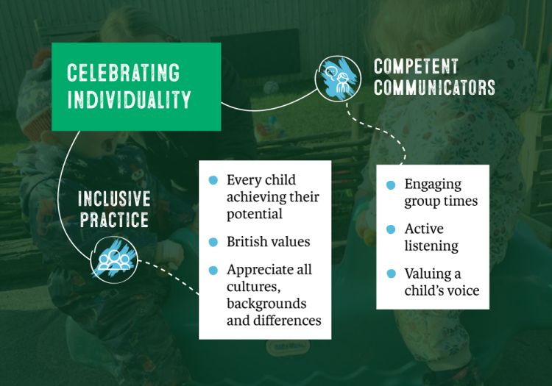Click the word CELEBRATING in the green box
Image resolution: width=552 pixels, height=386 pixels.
(123, 73)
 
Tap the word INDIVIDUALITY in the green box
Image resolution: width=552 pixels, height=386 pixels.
(130, 99)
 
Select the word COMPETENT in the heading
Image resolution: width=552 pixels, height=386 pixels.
(416, 66)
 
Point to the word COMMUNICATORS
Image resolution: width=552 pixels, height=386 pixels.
(434, 87)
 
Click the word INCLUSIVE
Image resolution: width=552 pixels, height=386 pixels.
(114, 199)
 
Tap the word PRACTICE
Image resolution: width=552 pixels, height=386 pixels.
(114, 220)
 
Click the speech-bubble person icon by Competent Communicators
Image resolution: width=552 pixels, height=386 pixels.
(338, 79)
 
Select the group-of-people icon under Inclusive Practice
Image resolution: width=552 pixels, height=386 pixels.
(114, 260)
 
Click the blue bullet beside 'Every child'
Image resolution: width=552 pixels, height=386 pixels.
(213, 180)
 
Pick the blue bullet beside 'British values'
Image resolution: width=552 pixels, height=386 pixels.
(213, 242)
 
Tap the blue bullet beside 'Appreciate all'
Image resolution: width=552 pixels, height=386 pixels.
(213, 271)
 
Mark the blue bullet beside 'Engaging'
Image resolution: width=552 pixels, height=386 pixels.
(391, 185)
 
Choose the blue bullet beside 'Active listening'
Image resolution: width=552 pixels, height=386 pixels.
(391, 229)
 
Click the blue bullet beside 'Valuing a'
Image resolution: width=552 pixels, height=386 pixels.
(391, 274)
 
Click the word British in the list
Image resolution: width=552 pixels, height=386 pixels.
(247, 241)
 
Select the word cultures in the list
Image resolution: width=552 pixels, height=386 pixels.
(253, 287)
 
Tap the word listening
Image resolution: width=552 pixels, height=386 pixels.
(431, 246)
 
